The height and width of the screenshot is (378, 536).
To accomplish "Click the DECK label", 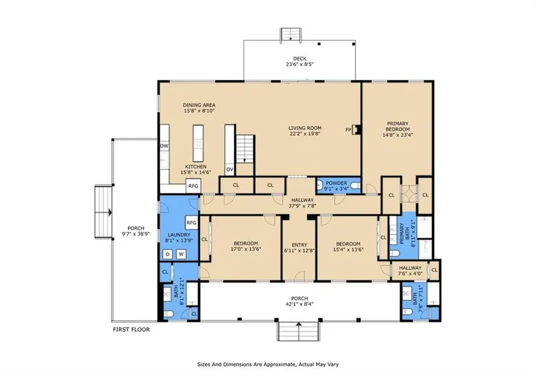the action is [x=300, y=59].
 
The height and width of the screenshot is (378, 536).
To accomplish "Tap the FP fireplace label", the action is [x=348, y=130].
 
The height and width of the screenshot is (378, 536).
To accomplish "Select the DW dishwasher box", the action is [x=164, y=146].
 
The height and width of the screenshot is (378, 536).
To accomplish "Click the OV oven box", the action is [x=230, y=170].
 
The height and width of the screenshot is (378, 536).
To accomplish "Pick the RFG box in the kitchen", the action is [x=193, y=186].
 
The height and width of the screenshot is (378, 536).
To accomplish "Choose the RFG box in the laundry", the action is [x=192, y=223].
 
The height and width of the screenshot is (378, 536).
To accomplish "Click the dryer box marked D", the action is [x=168, y=255].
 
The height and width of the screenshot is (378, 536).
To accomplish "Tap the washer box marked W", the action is [x=181, y=255].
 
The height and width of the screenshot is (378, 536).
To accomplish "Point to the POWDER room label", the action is [x=337, y=183].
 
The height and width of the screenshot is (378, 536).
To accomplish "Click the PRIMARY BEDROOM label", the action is [x=398, y=127].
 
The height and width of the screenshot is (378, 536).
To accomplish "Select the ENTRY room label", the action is [x=300, y=245].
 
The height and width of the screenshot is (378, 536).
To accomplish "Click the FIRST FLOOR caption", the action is [x=131, y=329].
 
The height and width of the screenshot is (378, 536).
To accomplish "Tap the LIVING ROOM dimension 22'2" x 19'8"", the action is [x=305, y=134].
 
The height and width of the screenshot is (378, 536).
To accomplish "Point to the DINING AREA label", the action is [x=199, y=105].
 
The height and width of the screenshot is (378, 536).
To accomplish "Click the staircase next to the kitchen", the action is [x=245, y=149].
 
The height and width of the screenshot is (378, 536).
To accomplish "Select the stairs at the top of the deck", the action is [x=290, y=34].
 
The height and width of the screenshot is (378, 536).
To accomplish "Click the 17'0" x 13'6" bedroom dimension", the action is [x=246, y=249].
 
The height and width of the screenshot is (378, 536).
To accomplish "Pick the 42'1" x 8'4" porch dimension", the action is [x=300, y=304].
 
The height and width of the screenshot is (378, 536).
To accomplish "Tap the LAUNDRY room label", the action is [x=179, y=235].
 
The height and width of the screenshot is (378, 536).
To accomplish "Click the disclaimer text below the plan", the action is [x=268, y=364].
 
